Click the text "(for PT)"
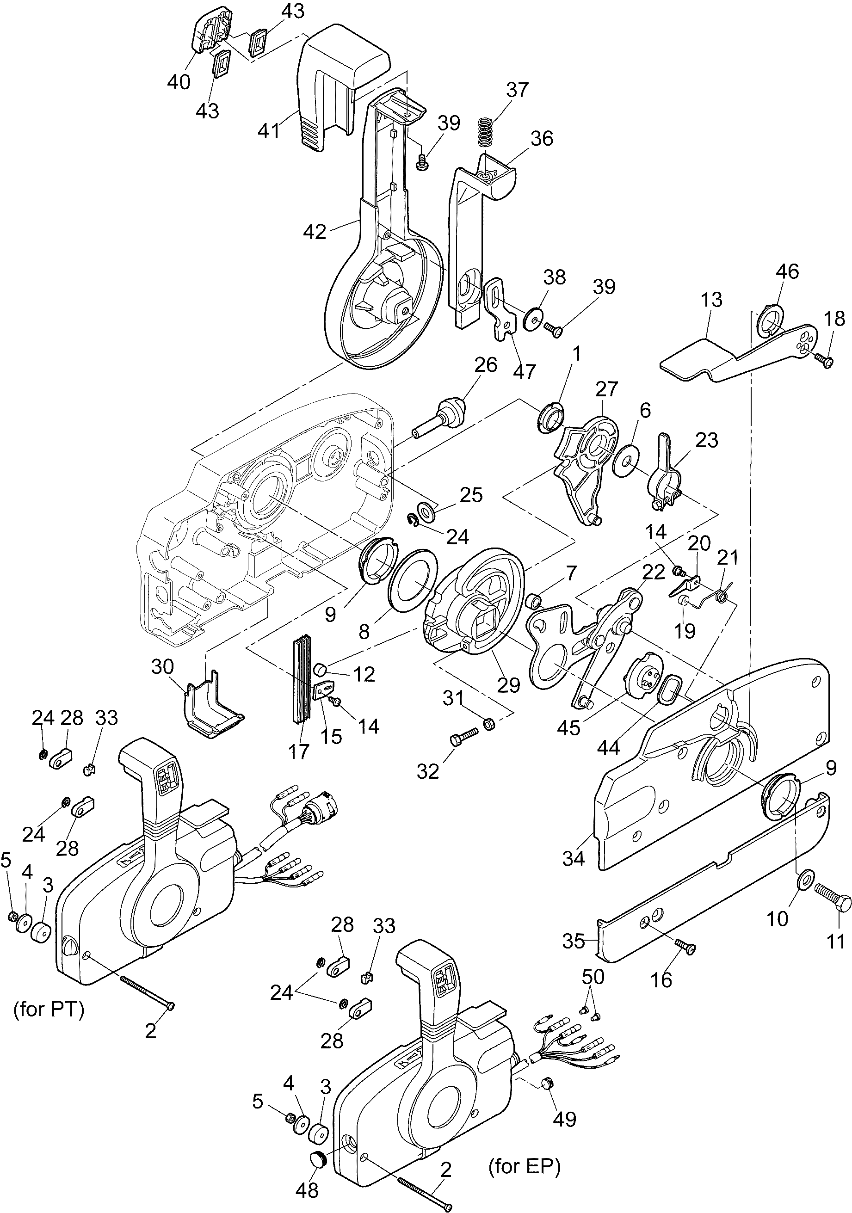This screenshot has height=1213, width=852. pos(49,1010)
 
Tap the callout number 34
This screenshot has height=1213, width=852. pos(574,858)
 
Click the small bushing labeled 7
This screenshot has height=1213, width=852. pos(534,601)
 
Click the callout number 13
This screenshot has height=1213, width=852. pos(711,300)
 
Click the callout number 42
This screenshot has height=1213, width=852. pos(315,231)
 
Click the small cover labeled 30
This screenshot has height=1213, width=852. pos(211,709)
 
